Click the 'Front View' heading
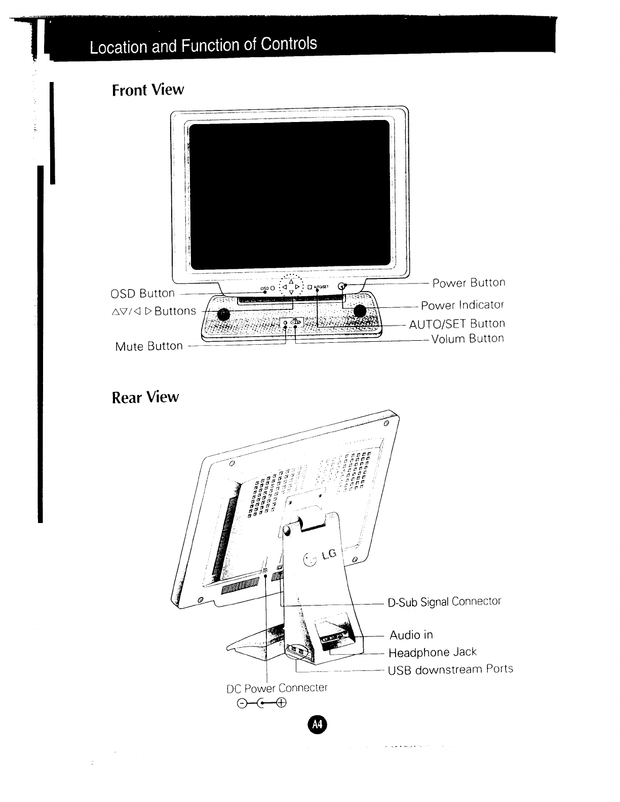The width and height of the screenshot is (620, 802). tap(147, 90)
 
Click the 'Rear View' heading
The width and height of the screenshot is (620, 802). tap(145, 396)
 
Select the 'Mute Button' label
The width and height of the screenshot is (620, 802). tap(149, 346)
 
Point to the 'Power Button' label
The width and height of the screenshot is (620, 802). tap(469, 283)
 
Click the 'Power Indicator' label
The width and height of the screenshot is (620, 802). tap(463, 305)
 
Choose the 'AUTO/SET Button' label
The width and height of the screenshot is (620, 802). tap(457, 324)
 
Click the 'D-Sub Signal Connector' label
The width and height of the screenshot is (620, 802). tap(444, 601)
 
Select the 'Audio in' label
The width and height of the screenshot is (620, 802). tap(411, 635)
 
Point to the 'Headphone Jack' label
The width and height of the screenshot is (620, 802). tap(433, 652)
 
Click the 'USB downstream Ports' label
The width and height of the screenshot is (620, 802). tap(450, 669)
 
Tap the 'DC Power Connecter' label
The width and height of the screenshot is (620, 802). tap(277, 688)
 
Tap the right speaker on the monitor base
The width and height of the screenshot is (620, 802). tap(360, 311)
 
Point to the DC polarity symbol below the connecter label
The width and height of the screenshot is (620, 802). tap(262, 702)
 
